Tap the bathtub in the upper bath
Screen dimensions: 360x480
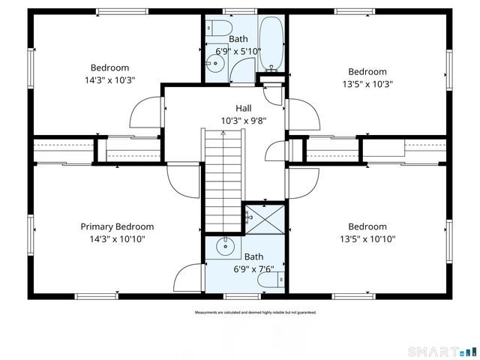coord(270,41)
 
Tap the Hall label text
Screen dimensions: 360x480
coord(243,108)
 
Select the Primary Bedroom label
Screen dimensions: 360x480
coord(117,226)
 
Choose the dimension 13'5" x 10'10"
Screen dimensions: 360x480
coord(367,239)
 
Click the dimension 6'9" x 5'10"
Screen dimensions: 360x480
coord(238,51)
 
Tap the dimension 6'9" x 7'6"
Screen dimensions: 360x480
coord(243,268)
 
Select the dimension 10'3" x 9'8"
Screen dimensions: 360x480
coord(243,120)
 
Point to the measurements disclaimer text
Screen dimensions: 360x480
coord(255,312)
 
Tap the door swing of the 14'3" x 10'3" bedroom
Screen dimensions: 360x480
coord(145,112)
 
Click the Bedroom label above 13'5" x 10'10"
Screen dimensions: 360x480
coord(367,226)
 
